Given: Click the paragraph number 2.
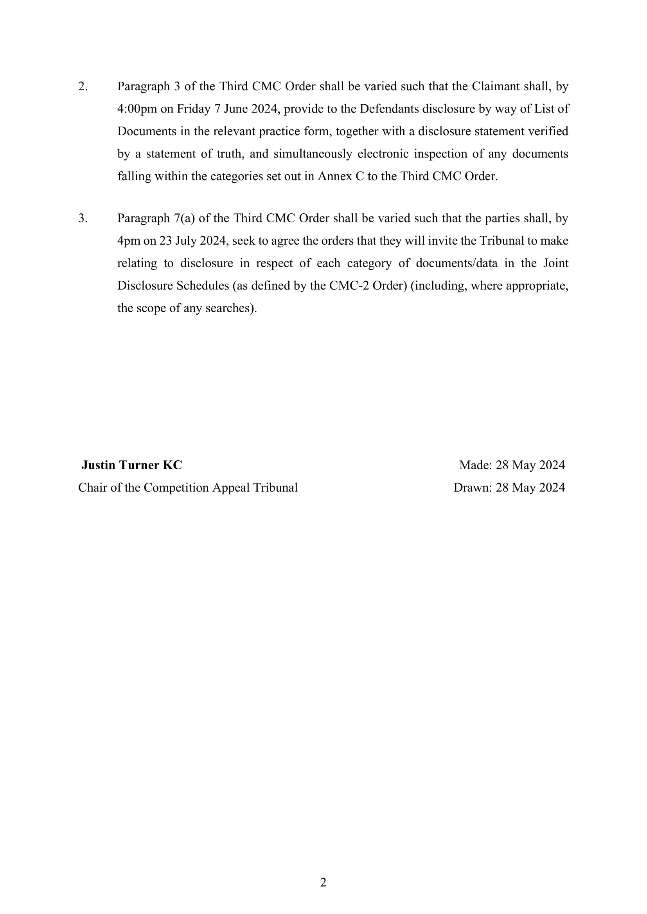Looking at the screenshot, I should tap(83, 86).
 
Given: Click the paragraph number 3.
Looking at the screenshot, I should tap(83, 218).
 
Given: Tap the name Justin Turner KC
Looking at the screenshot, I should tap(131, 465).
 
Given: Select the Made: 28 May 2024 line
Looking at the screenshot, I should tap(512, 465).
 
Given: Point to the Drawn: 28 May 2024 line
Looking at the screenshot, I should tap(509, 488).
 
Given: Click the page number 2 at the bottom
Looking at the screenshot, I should tap(323, 882).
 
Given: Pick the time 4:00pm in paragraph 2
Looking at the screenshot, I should tap(137, 109).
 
